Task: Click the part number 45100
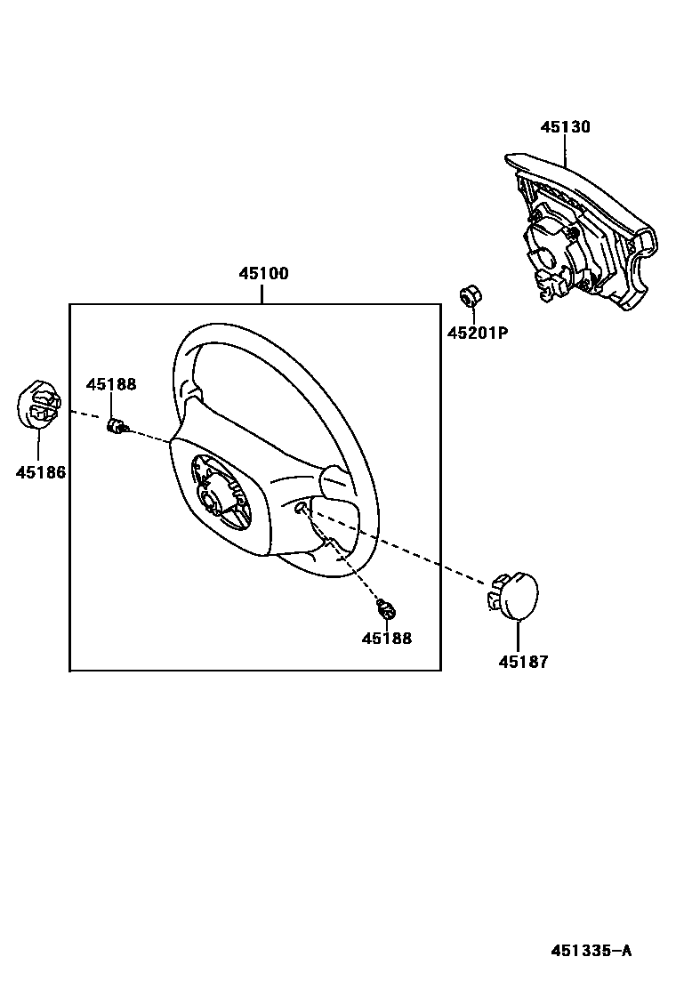[262, 274]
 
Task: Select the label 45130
[565, 127]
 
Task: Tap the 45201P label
[477, 334]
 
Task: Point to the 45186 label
[40, 472]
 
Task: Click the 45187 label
[523, 662]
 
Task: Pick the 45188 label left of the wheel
[111, 384]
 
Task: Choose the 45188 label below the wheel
[387, 638]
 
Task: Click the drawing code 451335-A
[591, 951]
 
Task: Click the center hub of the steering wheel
[218, 494]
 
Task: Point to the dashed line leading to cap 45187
[418, 556]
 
